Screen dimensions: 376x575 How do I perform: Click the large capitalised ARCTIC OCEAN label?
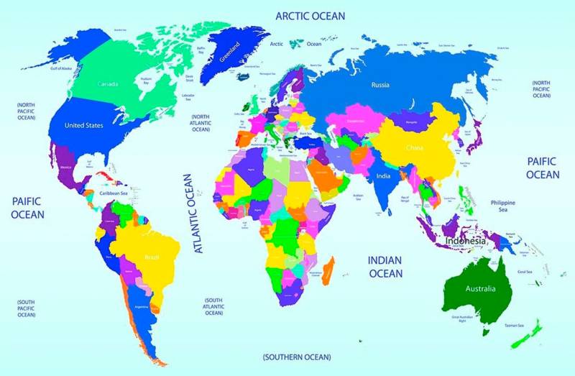pyautogui.click(x=310, y=16)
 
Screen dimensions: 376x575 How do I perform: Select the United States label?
pyautogui.click(x=84, y=125)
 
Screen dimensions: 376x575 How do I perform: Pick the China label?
pyautogui.click(x=415, y=149)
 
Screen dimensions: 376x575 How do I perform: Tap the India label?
pyautogui.click(x=382, y=176)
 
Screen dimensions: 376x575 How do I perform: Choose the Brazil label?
pyautogui.click(x=152, y=257)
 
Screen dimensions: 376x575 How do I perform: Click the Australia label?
pyautogui.click(x=479, y=290)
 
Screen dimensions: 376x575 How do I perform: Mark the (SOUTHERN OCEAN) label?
pyautogui.click(x=297, y=357)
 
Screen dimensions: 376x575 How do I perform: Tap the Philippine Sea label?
pyautogui.click(x=503, y=206)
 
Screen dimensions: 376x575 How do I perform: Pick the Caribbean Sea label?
pyautogui.click(x=114, y=193)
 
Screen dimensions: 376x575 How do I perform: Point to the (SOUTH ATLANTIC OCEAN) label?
pyautogui.click(x=213, y=306)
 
